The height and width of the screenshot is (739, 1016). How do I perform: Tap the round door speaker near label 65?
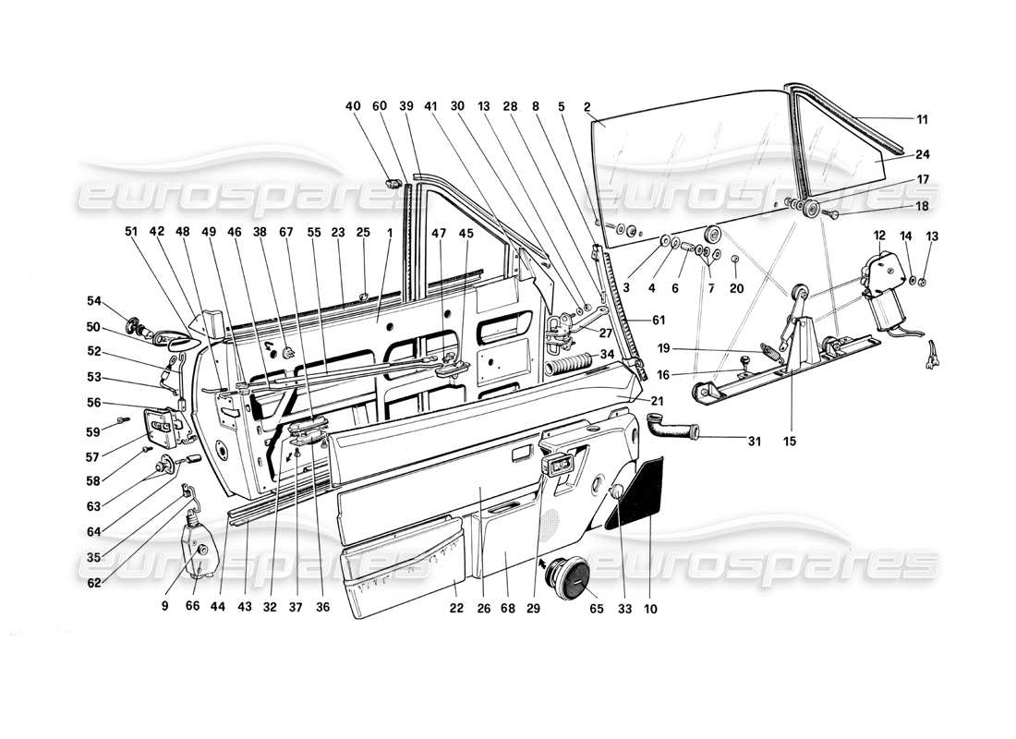(x=569, y=577)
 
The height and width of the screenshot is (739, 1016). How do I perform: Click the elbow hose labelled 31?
(x=670, y=429)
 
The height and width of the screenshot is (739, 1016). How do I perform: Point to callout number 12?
(x=878, y=236)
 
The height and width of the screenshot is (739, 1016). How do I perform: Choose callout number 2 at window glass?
(x=587, y=106)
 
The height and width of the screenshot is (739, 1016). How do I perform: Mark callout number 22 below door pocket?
(x=455, y=611)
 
